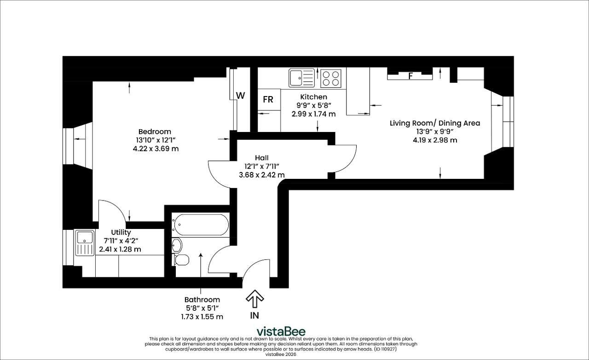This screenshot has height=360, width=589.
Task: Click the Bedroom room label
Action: click(155, 131)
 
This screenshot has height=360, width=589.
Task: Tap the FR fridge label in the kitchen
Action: click(268, 100)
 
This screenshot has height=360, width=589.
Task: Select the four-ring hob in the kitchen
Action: click(331, 78)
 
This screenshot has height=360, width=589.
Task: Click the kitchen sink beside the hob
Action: click(301, 78)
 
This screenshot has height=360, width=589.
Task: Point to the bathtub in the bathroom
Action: click(200, 225)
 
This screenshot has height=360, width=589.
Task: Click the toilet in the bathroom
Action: click(181, 260)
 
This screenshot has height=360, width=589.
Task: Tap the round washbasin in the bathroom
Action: click(177, 246)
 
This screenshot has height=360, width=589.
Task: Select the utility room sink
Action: click(85, 243)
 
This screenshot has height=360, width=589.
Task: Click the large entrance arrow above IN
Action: click(254, 298)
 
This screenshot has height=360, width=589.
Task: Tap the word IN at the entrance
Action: click(254, 315)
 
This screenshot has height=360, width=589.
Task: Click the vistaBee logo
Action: click(281, 331)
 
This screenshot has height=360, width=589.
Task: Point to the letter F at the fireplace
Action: click(410, 76)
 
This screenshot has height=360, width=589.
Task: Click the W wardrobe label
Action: click(241, 96)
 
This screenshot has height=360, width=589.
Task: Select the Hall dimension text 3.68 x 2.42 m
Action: click(262, 175)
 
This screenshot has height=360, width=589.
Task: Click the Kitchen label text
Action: click(314, 97)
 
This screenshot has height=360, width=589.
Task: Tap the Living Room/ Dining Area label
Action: click(435, 123)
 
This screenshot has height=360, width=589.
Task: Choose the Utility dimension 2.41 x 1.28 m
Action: click(120, 249)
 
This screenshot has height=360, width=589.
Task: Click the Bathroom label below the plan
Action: click(202, 300)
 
